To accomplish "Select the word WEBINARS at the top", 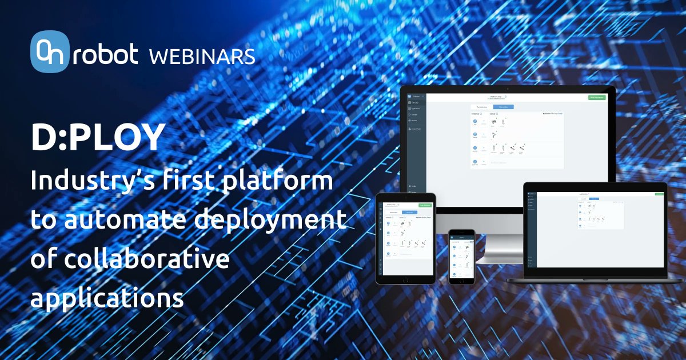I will click(x=201, y=57).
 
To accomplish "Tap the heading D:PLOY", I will click(x=97, y=137).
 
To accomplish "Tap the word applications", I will click(x=107, y=298).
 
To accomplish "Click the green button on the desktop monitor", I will click(x=596, y=98).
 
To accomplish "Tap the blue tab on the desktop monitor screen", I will click(x=503, y=107).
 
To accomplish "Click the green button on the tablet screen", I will click(x=425, y=205).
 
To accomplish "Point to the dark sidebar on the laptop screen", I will click(x=531, y=229).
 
